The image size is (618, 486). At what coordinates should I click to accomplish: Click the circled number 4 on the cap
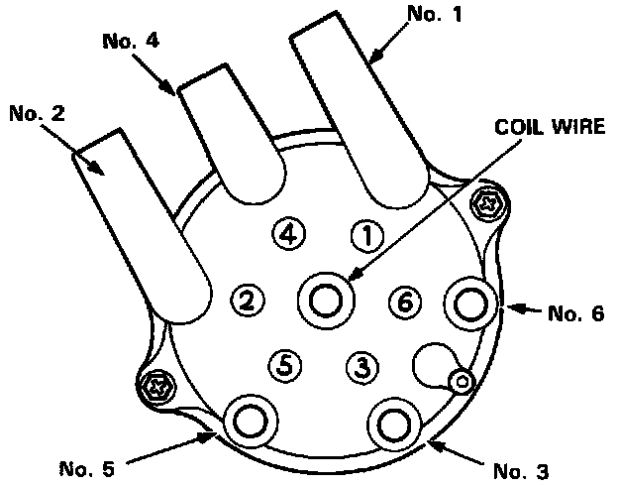(x=287, y=235)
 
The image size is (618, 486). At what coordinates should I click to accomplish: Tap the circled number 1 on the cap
(x=366, y=237)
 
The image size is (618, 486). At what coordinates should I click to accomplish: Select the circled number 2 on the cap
(x=248, y=300)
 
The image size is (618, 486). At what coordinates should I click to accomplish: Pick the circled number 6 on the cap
(x=404, y=301)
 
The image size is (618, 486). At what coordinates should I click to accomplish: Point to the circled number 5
(x=285, y=365)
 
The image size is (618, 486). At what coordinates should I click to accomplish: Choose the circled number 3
(x=362, y=367)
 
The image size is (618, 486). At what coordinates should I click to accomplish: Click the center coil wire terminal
(x=325, y=299)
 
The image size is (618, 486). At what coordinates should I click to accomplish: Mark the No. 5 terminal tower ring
(x=247, y=421)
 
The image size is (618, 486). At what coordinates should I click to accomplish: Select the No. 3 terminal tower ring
(x=392, y=421)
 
